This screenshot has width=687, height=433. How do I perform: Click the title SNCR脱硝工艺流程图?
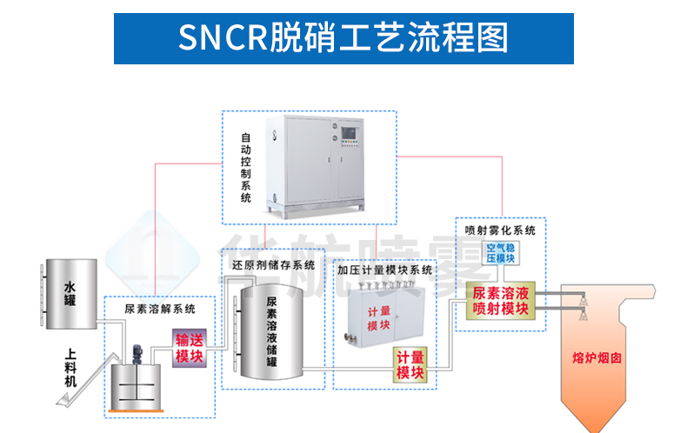tap(343, 38)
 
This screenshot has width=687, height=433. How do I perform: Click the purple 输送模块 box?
tap(189, 349)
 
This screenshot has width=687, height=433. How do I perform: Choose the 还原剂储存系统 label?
tap(273, 265)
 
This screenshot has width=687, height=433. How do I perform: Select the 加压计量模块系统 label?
tap(384, 270)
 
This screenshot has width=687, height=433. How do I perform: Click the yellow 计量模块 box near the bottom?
tap(410, 365)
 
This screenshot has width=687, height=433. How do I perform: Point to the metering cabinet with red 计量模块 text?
tap(379, 317)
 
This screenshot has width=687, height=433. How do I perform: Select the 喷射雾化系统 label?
tap(500, 230)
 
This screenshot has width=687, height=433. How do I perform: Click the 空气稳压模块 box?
tap(500, 253)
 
